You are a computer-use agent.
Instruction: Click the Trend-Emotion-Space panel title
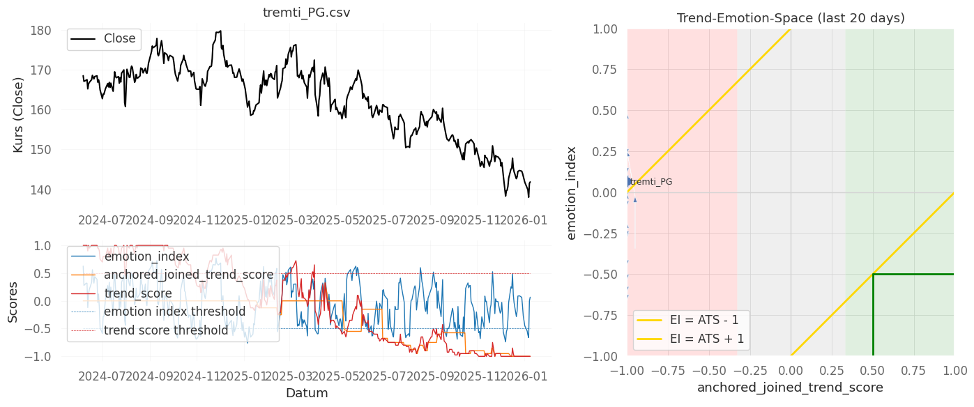(791, 18)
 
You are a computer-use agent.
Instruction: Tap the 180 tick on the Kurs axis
(41, 31)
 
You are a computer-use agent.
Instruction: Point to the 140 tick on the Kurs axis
(41, 190)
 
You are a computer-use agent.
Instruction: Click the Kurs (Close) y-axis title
(19, 115)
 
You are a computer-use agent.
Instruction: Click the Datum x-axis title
(307, 393)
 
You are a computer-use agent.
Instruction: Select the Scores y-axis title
(13, 301)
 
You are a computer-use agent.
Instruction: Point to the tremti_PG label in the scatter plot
(651, 182)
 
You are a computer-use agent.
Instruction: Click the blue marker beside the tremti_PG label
(628, 182)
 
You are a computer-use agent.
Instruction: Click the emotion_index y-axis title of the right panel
(572, 192)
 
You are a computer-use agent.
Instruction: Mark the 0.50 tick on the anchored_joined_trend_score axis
(872, 369)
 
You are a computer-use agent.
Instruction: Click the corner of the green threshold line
(873, 274)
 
